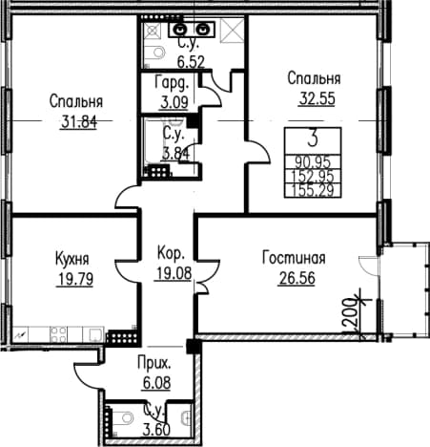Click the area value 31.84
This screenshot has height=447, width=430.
[x=79, y=122]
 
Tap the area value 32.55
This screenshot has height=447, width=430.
[x=317, y=98]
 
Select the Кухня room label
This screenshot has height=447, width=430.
[x=72, y=259]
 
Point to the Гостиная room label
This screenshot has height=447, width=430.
[x=294, y=258]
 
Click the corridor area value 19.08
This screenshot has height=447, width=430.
[x=173, y=273]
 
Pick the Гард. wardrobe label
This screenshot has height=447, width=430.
[x=172, y=83]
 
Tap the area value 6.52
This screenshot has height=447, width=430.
[x=191, y=62]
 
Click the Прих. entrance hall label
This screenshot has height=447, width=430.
[x=154, y=363]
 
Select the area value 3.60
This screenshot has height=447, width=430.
[x=156, y=430]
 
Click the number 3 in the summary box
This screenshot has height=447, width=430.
[x=313, y=139]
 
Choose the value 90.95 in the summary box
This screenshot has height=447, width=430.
[x=313, y=162]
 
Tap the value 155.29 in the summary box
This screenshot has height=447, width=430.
[x=313, y=190]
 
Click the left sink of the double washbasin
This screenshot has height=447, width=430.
[x=180, y=30]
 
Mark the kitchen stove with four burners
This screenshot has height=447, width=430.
[x=58, y=334]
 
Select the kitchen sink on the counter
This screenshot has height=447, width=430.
[x=95, y=334]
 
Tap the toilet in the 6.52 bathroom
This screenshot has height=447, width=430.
[x=157, y=52]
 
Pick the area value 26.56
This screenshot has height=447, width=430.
[x=297, y=278]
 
